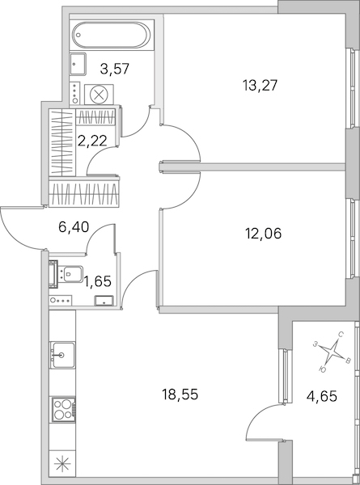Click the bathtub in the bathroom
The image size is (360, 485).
[x=112, y=35]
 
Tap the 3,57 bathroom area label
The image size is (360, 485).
[x=115, y=69]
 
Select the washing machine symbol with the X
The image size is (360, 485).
[x=99, y=95]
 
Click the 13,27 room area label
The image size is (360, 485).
[x=260, y=85]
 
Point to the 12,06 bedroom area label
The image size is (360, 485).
[x=264, y=234]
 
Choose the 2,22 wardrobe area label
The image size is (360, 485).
[x=92, y=141]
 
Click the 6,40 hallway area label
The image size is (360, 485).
[x=74, y=227]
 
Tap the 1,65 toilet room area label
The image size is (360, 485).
[x=98, y=281]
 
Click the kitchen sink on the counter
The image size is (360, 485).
[x=63, y=355]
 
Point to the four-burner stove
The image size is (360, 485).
[x=63, y=409]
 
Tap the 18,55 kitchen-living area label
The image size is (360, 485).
[x=180, y=394]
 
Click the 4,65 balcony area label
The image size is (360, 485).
[x=322, y=395]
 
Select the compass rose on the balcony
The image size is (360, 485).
[x=332, y=352]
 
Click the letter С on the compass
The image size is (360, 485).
[x=341, y=335]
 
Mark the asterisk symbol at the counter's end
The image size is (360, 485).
[x=62, y=465]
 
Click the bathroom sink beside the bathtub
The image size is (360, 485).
[x=78, y=64]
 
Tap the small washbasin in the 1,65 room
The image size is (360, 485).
[x=104, y=301]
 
